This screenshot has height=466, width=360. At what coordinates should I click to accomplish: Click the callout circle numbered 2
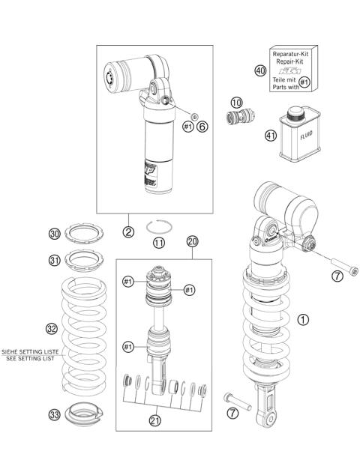(129, 232)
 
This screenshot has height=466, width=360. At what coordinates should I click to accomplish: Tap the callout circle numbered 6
(201, 127)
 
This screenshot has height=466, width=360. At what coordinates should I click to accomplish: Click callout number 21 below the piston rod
(154, 420)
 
